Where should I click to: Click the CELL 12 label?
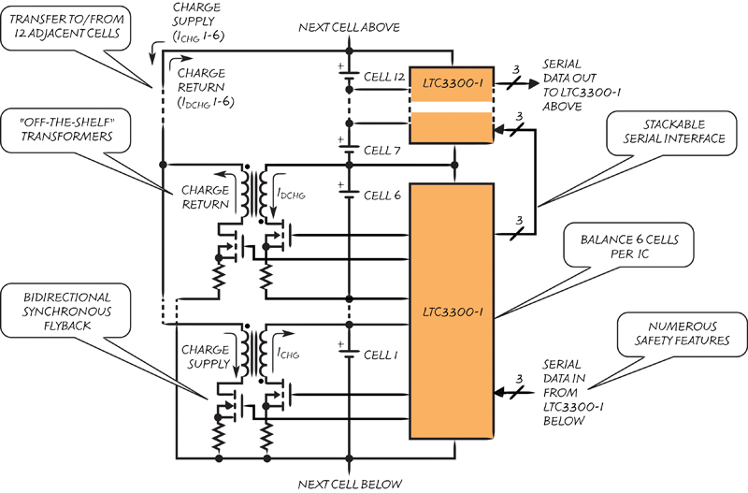click(x=384, y=77)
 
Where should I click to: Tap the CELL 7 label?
click(x=381, y=151)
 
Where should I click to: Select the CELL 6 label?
click(x=382, y=196)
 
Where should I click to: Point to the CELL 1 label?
click(x=381, y=355)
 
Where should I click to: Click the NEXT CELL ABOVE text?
click(x=349, y=27)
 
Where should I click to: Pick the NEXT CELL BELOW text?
click(x=350, y=484)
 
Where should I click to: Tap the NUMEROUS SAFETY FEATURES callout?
click(x=682, y=334)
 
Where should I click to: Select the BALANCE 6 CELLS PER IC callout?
click(x=628, y=245)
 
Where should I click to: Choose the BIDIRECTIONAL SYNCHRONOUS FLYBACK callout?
click(x=65, y=311)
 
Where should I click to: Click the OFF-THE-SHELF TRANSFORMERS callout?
click(x=65, y=130)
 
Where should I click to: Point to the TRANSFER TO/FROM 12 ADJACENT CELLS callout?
click(x=65, y=27)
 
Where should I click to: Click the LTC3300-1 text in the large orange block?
click(x=453, y=312)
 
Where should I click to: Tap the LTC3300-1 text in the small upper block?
click(x=453, y=83)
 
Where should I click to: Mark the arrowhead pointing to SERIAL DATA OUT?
click(x=533, y=83)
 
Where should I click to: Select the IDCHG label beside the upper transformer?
click(x=291, y=193)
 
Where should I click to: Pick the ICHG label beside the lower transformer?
click(x=288, y=353)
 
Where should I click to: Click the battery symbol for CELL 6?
click(x=348, y=190)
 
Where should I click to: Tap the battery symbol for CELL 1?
click(x=348, y=350)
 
